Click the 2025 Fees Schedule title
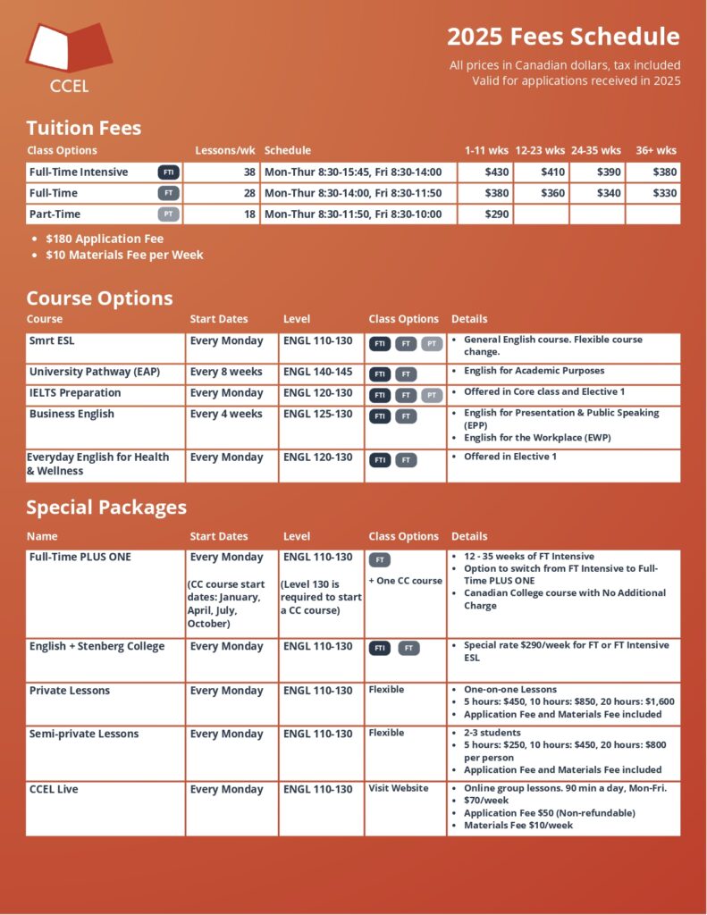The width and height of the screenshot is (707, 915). (x=563, y=37)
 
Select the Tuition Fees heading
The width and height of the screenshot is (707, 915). (x=84, y=128)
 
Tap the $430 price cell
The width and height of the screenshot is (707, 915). (x=496, y=172)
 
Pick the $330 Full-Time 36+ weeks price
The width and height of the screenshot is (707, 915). (x=664, y=193)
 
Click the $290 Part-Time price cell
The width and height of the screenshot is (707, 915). (x=496, y=214)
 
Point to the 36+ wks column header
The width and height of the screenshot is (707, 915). (x=655, y=150)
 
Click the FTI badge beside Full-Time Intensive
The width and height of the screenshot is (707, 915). (x=168, y=172)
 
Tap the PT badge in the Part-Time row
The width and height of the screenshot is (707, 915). (x=168, y=214)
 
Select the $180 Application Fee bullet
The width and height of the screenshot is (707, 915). (x=105, y=239)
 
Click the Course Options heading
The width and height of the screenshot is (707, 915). (x=99, y=298)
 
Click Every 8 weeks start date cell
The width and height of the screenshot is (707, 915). (x=226, y=372)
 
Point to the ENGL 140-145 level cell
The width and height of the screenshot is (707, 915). (x=317, y=372)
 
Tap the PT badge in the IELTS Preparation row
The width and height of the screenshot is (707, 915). (x=432, y=395)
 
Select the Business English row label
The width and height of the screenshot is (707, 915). (x=72, y=415)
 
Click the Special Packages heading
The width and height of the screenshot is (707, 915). (x=106, y=508)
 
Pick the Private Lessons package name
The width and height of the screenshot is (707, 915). (x=70, y=691)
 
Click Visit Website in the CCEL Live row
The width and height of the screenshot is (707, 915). (x=398, y=788)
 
